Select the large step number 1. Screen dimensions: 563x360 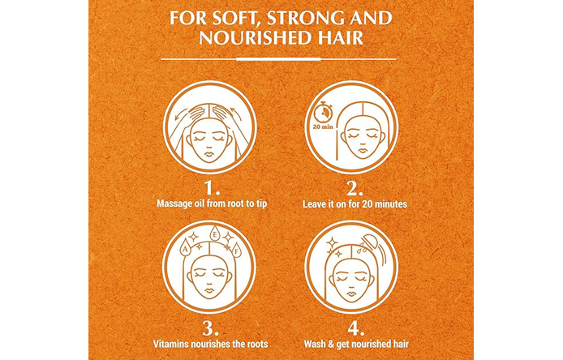212,188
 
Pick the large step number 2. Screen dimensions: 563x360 355,188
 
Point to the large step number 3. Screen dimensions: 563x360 210,328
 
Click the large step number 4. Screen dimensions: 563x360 356,328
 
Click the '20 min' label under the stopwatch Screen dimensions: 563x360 323,126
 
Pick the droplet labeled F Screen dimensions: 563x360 236,251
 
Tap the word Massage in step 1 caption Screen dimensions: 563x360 174,204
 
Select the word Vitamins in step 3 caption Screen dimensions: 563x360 170,344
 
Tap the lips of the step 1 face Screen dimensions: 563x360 209,155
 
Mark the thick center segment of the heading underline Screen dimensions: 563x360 278,58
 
